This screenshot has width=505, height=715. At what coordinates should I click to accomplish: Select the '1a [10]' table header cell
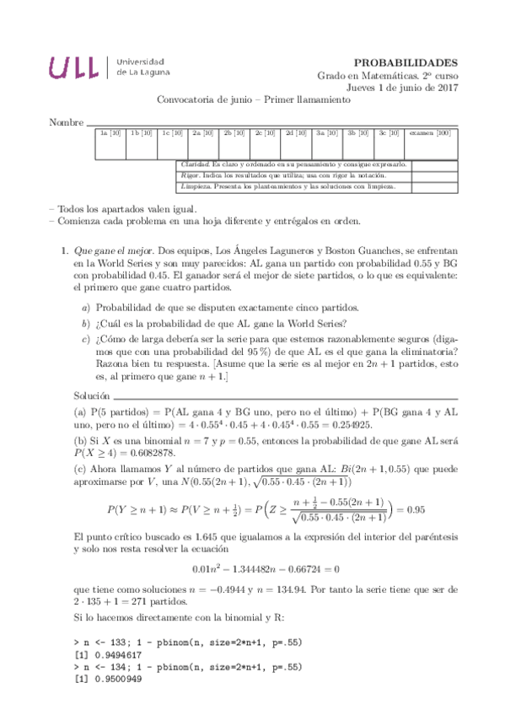110,133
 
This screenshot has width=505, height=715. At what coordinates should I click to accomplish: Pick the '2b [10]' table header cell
234,133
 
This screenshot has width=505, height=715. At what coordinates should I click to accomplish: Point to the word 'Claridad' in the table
196,164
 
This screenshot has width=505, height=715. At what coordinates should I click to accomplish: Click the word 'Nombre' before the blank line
67,122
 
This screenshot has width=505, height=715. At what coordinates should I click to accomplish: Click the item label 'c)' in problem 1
86,339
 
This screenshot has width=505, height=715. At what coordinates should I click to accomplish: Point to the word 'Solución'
91,395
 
